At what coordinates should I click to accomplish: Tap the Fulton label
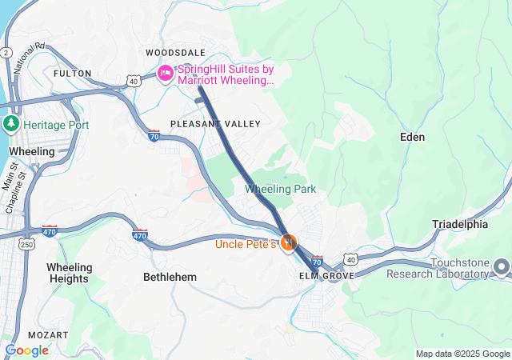(66, 73)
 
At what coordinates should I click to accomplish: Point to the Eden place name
(412, 137)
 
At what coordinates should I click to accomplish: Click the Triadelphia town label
(460, 224)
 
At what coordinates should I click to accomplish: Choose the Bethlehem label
(170, 277)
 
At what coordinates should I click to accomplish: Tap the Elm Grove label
(326, 276)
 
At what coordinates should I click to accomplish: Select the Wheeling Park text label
(280, 189)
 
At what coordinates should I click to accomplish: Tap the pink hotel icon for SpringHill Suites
(166, 74)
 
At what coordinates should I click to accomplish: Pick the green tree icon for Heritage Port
(11, 124)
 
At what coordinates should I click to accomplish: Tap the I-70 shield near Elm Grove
(317, 261)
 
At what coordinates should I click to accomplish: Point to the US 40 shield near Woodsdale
(134, 81)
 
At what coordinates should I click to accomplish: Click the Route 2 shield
(6, 53)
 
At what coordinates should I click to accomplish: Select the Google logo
(26, 350)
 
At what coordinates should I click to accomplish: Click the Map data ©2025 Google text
(462, 354)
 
